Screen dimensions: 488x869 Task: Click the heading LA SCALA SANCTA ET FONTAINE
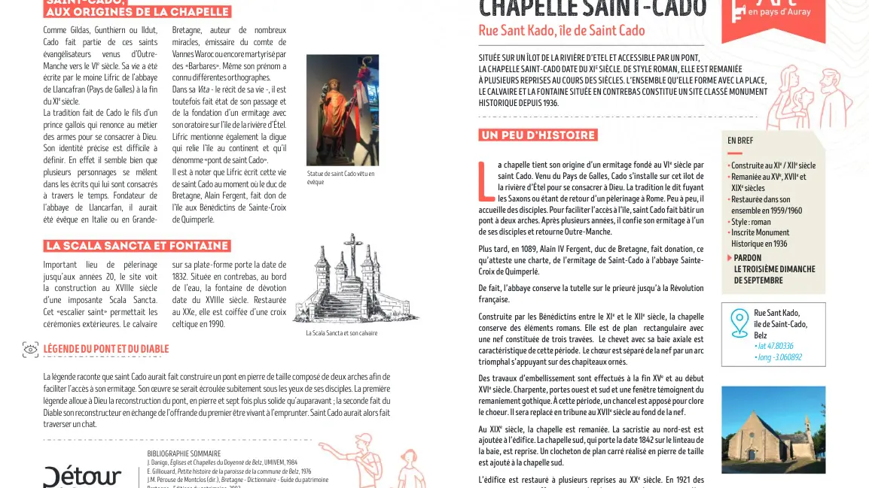[136, 246]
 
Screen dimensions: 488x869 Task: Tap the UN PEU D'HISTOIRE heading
[538, 135]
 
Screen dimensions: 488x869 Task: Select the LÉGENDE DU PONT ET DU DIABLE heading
[105, 349]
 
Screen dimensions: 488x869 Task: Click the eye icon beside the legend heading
[30, 349]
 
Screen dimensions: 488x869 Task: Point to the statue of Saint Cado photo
[342, 110]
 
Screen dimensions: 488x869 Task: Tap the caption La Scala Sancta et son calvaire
[341, 332]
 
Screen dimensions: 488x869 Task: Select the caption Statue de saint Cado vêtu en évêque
[340, 177]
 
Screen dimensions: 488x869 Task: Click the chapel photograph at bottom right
[773, 429]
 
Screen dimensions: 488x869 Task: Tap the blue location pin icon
[739, 323]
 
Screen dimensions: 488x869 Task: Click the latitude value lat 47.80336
[773, 346]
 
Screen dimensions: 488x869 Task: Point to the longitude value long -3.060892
[778, 357]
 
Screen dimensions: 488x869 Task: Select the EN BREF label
[740, 141]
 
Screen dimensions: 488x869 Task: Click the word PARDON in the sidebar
[747, 258]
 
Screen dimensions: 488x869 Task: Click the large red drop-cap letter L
[485, 180]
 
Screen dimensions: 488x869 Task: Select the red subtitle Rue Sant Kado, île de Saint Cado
[562, 31]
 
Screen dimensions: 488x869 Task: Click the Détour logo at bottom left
[81, 477]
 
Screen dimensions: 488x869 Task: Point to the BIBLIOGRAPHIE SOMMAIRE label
[184, 453]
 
